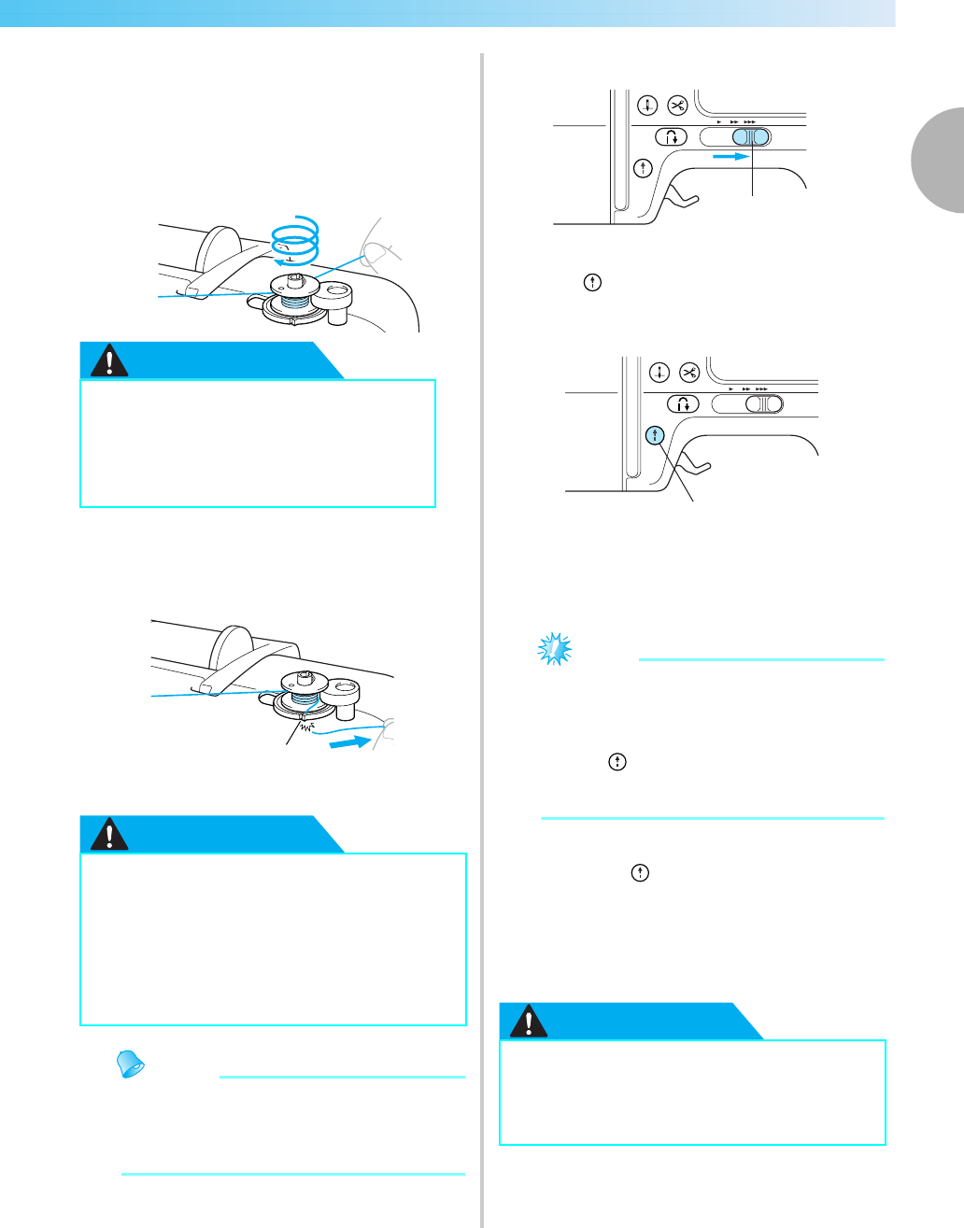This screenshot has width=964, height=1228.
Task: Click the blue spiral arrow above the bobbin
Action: (x=294, y=240)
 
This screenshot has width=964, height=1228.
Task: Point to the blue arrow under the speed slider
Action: (x=731, y=158)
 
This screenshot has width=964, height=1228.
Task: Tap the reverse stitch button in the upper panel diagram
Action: (x=671, y=137)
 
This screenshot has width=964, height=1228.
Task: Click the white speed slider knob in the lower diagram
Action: (x=761, y=404)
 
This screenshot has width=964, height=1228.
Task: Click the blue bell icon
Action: (x=131, y=1064)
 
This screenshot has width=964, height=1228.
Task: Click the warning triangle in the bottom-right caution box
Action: (x=530, y=1022)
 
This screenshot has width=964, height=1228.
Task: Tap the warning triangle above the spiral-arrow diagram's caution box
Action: (x=111, y=360)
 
